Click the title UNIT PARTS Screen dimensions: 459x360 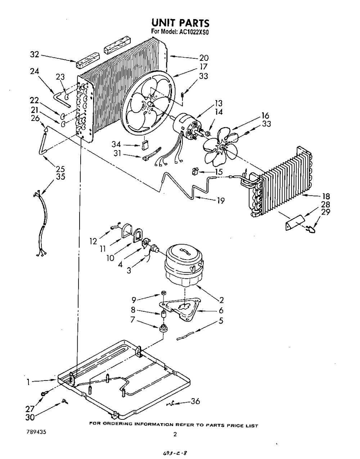[x=180, y=23]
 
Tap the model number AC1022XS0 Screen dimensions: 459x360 [x=195, y=32]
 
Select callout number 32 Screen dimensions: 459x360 [x=34, y=55]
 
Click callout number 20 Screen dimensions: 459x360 [x=204, y=58]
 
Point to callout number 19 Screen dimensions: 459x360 [x=221, y=201]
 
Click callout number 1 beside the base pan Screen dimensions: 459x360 [x=28, y=383]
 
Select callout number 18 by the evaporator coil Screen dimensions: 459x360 [x=327, y=197]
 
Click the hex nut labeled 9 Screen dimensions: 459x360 [x=162, y=292]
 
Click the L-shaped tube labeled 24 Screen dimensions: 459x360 [x=62, y=99]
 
